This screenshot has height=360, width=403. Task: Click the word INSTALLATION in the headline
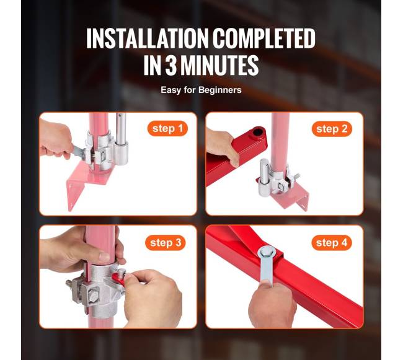tap(147, 38)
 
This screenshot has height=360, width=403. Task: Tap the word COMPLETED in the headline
tap(264, 38)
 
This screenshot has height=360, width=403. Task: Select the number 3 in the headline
tap(171, 65)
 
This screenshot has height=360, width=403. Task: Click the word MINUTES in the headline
tap(219, 65)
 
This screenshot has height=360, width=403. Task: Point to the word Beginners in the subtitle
tap(220, 90)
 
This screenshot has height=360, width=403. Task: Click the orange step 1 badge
tap(167, 128)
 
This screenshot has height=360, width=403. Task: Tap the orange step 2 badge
tap(332, 129)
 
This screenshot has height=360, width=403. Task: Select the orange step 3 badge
tap(166, 243)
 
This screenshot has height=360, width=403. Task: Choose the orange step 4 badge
tap(332, 243)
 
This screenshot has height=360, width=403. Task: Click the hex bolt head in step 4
tap(266, 253)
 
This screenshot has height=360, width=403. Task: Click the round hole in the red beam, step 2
tap(257, 133)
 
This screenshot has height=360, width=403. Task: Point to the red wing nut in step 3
tap(119, 279)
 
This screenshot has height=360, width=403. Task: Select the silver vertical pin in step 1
tap(121, 139)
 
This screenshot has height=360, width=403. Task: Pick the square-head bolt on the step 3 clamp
tap(93, 297)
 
